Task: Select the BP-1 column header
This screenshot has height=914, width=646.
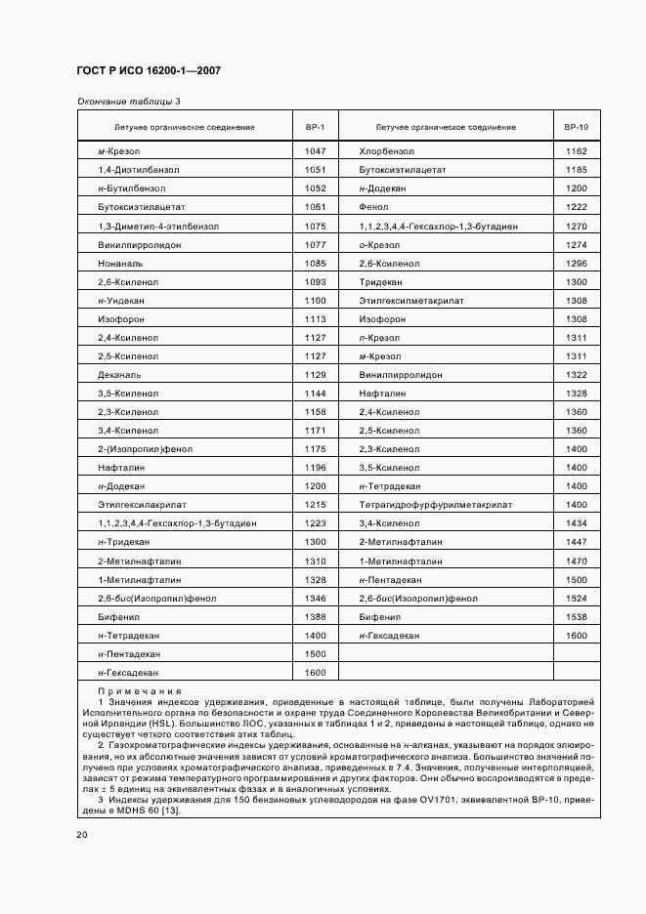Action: (x=315, y=127)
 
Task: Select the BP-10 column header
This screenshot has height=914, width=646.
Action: (x=576, y=127)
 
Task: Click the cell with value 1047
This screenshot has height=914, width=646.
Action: (x=315, y=151)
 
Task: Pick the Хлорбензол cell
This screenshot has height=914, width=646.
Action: (x=387, y=151)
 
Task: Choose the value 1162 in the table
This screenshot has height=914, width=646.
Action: (x=576, y=151)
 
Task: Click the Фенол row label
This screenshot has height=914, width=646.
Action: (x=375, y=207)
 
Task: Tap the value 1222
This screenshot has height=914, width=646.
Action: (x=576, y=207)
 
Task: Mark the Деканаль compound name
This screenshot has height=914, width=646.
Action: (x=120, y=374)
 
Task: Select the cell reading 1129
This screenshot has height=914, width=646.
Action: (x=315, y=374)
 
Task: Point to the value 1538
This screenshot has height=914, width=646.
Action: (x=576, y=616)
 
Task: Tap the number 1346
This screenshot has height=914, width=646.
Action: (x=315, y=598)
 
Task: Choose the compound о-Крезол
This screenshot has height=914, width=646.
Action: (x=379, y=244)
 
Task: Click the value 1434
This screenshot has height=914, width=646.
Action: (x=576, y=523)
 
